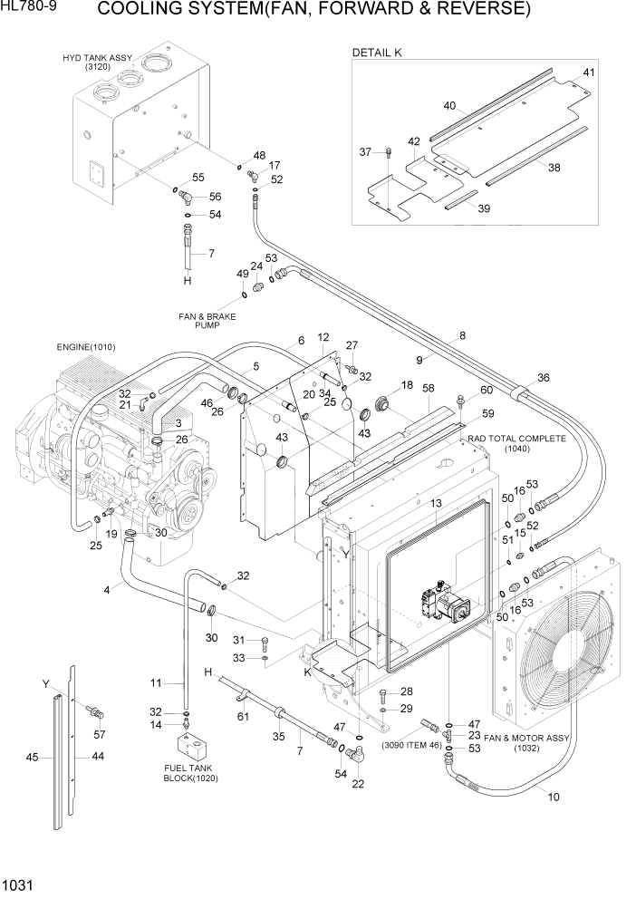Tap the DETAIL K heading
tap(376, 53)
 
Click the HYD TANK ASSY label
tap(97, 62)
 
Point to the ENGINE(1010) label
tap(85, 347)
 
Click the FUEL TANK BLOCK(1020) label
tap(191, 773)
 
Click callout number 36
tap(544, 378)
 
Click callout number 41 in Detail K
tap(589, 72)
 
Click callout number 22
tap(358, 784)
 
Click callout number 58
tap(428, 388)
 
